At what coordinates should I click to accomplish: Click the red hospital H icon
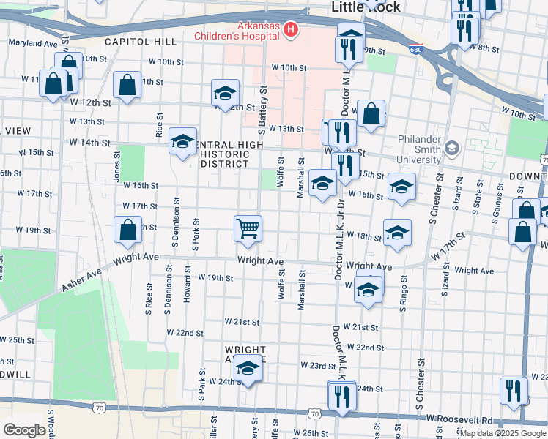coord(292,29)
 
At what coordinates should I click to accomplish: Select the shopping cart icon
coord(248,228)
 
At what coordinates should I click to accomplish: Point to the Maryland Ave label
coord(33,44)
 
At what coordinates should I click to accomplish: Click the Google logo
coord(24,430)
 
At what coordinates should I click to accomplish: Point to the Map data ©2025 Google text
coord(503,433)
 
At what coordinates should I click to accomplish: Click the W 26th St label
coord(315,433)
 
